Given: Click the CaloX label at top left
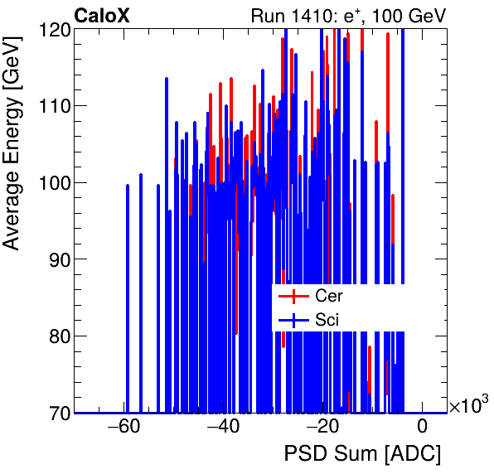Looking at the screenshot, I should pos(102,16).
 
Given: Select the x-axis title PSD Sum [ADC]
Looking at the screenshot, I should pos(362,455).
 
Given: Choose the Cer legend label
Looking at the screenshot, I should pos(329,296).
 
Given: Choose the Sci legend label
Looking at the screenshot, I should pos(327,319).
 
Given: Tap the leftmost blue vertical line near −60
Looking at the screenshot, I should pos(127,298).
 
